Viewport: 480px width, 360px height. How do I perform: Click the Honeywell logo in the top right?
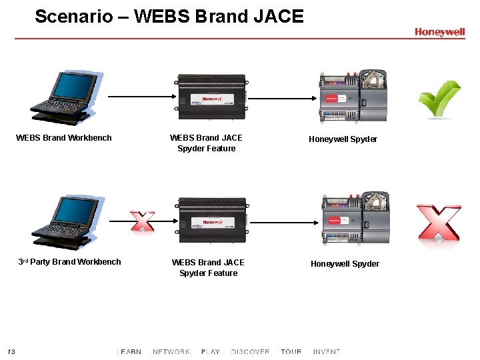pyautogui.click(x=439, y=32)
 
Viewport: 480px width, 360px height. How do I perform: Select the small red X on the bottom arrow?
pyautogui.click(x=142, y=221)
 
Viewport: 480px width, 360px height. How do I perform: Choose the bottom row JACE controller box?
pyautogui.click(x=211, y=221)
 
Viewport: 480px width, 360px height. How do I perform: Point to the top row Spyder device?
pyautogui.click(x=353, y=97)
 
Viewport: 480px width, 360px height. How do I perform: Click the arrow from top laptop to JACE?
pyautogui.click(x=141, y=97)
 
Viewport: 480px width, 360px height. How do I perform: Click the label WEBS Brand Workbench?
pyautogui.click(x=64, y=138)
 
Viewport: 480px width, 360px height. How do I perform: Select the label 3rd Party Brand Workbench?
pyautogui.click(x=69, y=262)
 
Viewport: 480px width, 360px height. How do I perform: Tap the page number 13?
pyautogui.click(x=11, y=351)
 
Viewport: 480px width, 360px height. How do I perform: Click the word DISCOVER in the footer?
pyautogui.click(x=250, y=351)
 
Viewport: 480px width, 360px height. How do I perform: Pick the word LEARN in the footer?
pyautogui.click(x=129, y=351)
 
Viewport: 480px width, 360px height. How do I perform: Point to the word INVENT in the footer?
pyautogui.click(x=327, y=351)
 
